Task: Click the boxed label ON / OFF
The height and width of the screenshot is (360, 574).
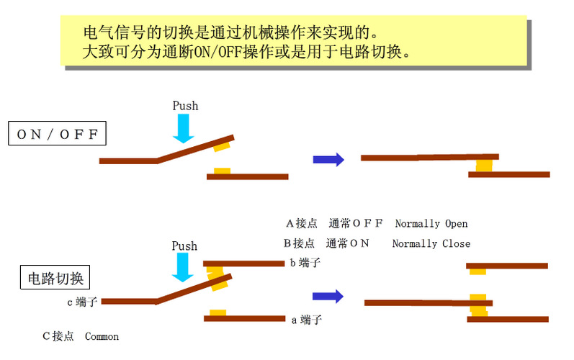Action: [x=57, y=134]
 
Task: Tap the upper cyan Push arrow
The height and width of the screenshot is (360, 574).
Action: [x=184, y=128]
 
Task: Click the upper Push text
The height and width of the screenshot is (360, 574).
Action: [x=185, y=106]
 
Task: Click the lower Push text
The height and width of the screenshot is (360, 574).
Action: [x=184, y=246]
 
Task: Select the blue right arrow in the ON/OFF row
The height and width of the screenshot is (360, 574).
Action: [x=328, y=160]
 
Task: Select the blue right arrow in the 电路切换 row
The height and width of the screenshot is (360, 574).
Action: [x=328, y=296]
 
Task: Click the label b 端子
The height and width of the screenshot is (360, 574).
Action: [x=305, y=263]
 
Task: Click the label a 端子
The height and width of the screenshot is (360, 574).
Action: [x=305, y=320]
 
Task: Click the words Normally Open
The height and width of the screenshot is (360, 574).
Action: [x=431, y=224]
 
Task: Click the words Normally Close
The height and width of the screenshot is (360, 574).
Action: [x=431, y=243]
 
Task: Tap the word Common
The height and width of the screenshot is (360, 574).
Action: [x=102, y=336]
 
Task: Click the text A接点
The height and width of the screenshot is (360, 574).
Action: [x=301, y=224]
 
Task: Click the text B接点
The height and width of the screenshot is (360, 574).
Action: [x=301, y=243]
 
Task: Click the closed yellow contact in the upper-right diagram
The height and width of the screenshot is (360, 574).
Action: [x=483, y=166]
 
